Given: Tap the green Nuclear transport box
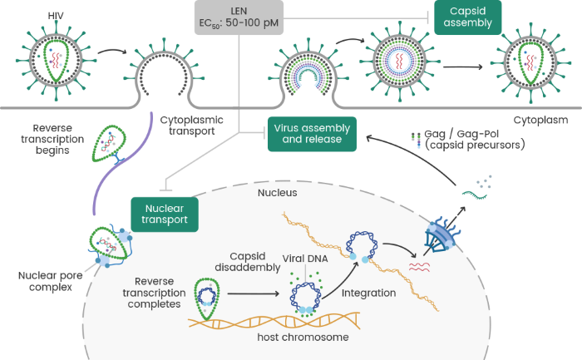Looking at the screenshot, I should point(165,212).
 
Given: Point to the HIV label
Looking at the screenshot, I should point(56,16).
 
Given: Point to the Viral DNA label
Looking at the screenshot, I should point(306,259).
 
